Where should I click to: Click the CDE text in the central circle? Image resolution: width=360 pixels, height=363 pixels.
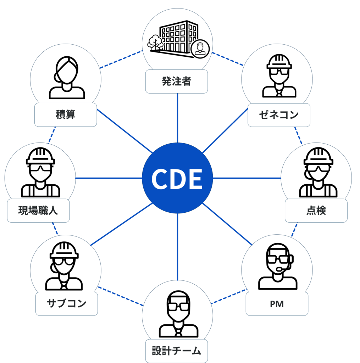point(177,179)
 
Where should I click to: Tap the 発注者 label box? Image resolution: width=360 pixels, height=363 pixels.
point(176,82)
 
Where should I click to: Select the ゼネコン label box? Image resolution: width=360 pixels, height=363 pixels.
point(278,115)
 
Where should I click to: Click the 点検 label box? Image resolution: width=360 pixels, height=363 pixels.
point(316,211)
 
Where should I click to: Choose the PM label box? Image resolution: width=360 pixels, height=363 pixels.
point(277,304)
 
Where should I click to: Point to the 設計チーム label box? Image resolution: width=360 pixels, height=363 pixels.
point(176,351)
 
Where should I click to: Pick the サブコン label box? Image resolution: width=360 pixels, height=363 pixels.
point(66,304)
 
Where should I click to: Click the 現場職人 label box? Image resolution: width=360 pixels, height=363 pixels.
point(38,211)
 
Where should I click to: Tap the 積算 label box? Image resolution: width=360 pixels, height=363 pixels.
point(65,115)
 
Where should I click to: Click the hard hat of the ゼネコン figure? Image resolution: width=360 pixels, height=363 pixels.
point(279,61)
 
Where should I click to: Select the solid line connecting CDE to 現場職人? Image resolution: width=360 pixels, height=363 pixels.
point(108,178)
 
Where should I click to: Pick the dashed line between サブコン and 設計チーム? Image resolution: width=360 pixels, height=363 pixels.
point(121,296)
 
